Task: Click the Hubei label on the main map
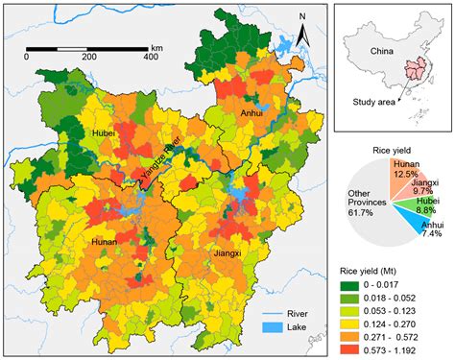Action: pos(105,134)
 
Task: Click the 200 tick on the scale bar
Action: pos(88,58)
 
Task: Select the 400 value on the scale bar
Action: pos(150,58)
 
